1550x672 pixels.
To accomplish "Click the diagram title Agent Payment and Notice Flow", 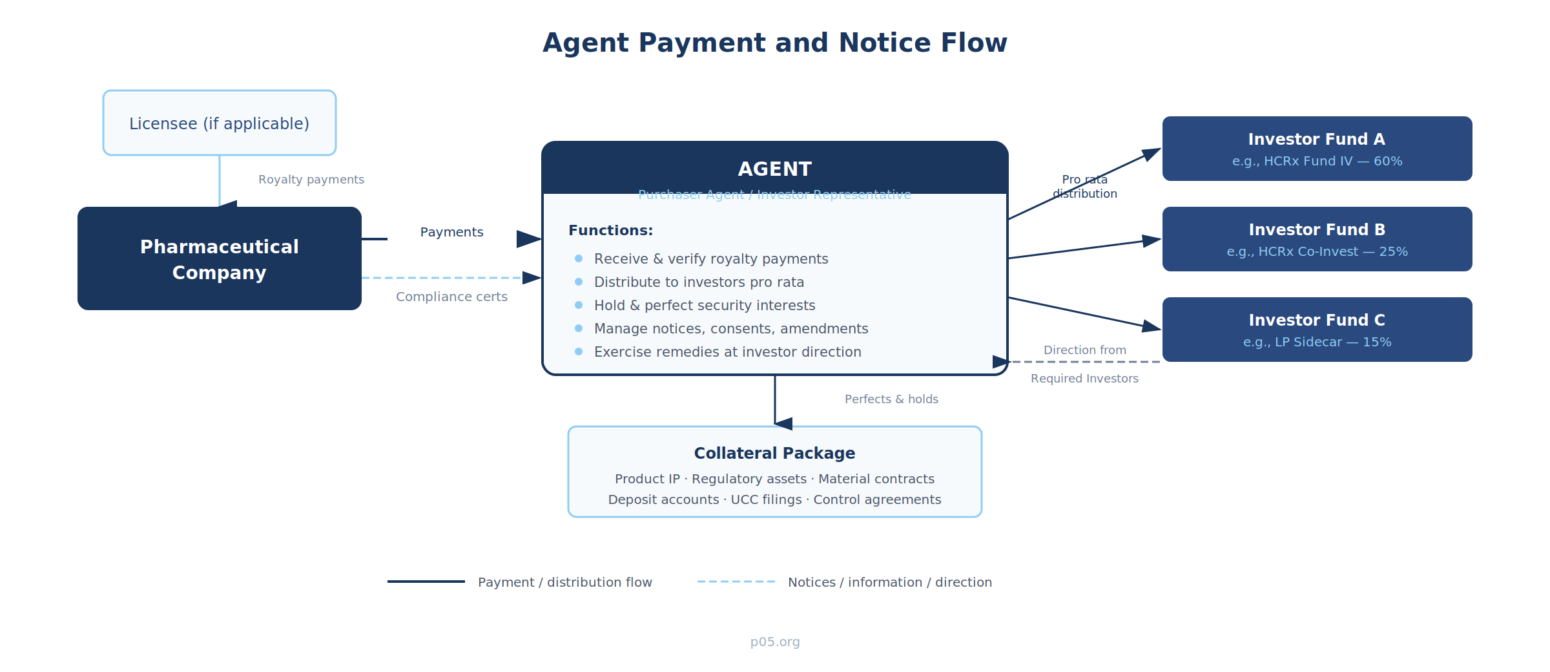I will pyautogui.click(x=774, y=43).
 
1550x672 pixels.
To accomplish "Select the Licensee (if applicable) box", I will pyautogui.click(x=220, y=123).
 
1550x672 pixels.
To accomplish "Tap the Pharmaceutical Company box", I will pyautogui.click(x=220, y=258).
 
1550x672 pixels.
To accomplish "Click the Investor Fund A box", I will pyautogui.click(x=1317, y=149).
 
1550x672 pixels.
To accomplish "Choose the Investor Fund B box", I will pyautogui.click(x=1317, y=239).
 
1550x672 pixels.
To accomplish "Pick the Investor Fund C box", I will pyautogui.click(x=1317, y=330).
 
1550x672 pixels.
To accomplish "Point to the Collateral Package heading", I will pyautogui.click(x=774, y=453).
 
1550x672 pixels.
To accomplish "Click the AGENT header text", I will pyautogui.click(x=774, y=169).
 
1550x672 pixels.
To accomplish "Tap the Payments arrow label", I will pyautogui.click(x=451, y=232).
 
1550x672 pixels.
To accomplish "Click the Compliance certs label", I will pyautogui.click(x=451, y=297).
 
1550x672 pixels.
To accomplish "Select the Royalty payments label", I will pyautogui.click(x=311, y=180).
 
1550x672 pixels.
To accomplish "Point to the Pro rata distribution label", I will pyautogui.click(x=1084, y=187).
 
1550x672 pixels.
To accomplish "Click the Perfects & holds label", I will pyautogui.click(x=891, y=399).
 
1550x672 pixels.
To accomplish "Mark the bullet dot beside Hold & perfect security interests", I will pyautogui.click(x=579, y=305).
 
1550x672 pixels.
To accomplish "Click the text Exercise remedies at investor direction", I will pyautogui.click(x=727, y=352).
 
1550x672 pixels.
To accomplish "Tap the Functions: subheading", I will pyautogui.click(x=610, y=231).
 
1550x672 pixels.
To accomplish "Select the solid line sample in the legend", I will pyautogui.click(x=426, y=582).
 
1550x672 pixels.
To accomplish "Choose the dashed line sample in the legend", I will pyautogui.click(x=736, y=582).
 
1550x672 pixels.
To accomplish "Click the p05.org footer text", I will pyautogui.click(x=774, y=642).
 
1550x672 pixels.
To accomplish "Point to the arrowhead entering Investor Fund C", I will pyautogui.click(x=1152, y=327).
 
